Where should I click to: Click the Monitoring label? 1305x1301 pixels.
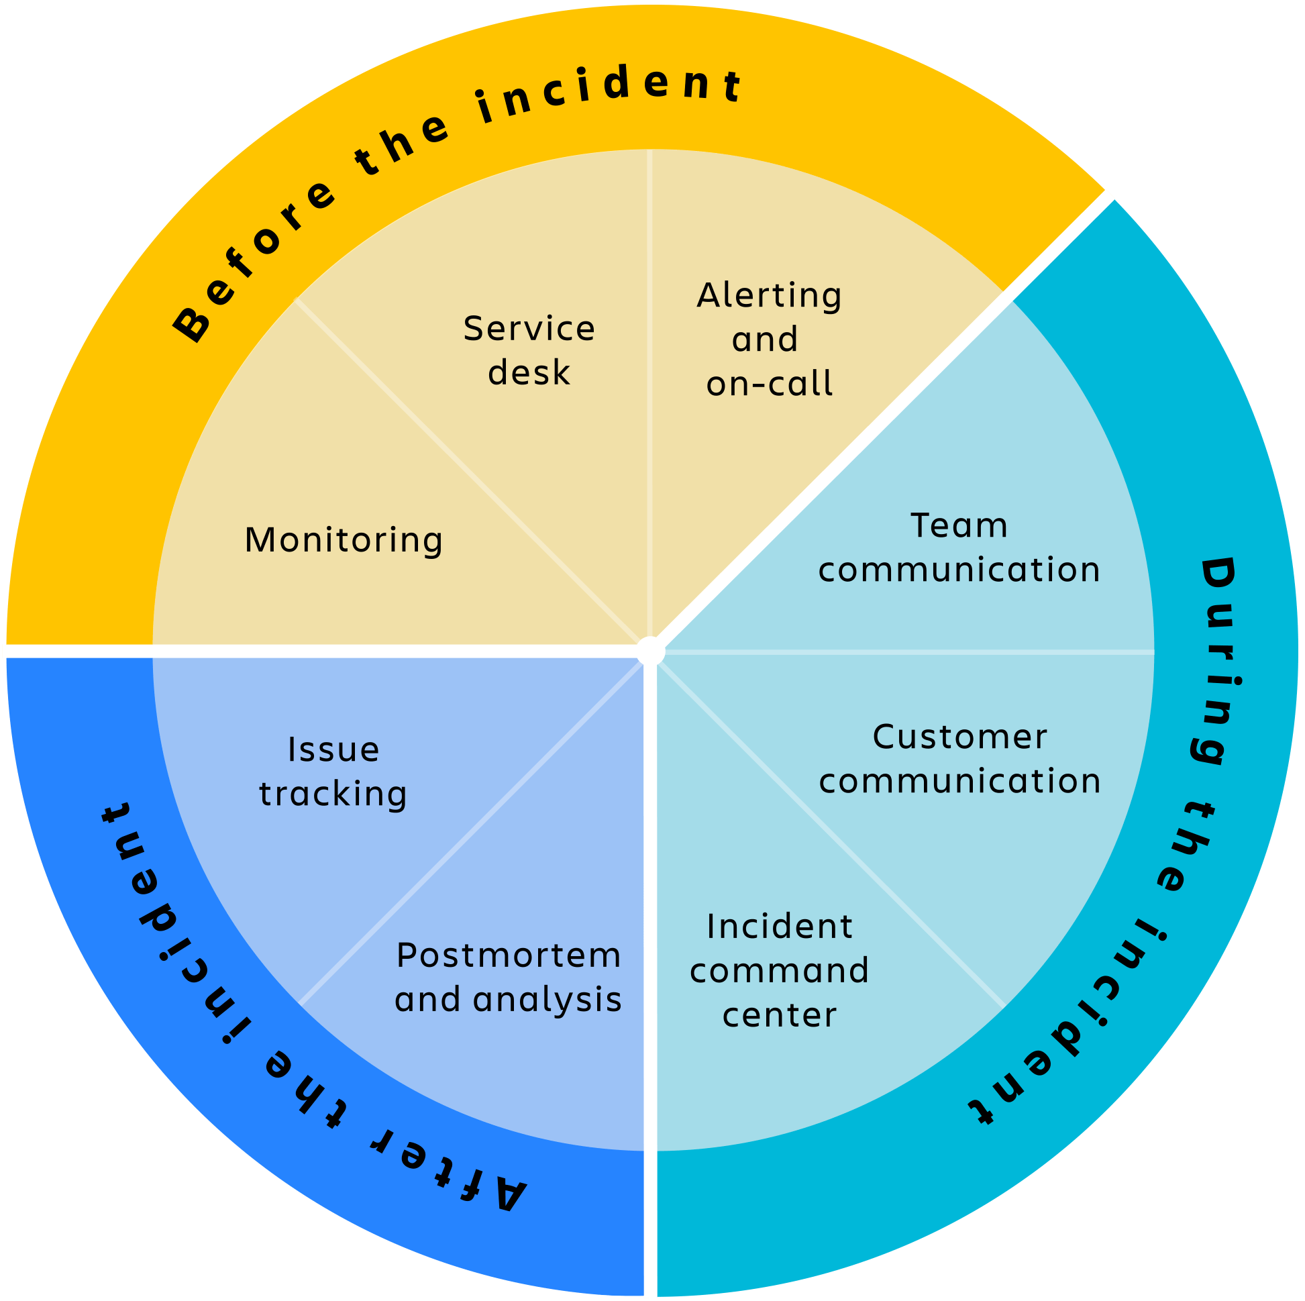pos(343,540)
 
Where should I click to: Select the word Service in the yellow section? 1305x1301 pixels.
pos(529,329)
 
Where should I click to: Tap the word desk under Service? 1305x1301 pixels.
pos(529,372)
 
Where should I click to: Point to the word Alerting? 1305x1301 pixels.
pos(770,295)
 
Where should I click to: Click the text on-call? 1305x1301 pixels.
pos(770,384)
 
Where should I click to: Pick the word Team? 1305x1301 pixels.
pos(959,525)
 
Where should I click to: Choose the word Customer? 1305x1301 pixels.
pos(960,737)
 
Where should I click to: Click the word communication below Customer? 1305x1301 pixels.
pos(960,781)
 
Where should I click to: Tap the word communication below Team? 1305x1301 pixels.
pos(959,570)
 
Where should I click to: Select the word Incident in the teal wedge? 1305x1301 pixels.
pos(780,926)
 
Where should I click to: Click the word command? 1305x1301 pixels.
pos(780,971)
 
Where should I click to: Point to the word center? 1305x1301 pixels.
pos(780,1014)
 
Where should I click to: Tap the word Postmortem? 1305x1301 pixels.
pos(509,955)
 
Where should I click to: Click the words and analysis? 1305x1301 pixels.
pos(509,999)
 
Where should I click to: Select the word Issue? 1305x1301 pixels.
pos(333,749)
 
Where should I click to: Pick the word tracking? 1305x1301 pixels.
pos(333,794)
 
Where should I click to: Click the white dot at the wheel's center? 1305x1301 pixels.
pos(650,652)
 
